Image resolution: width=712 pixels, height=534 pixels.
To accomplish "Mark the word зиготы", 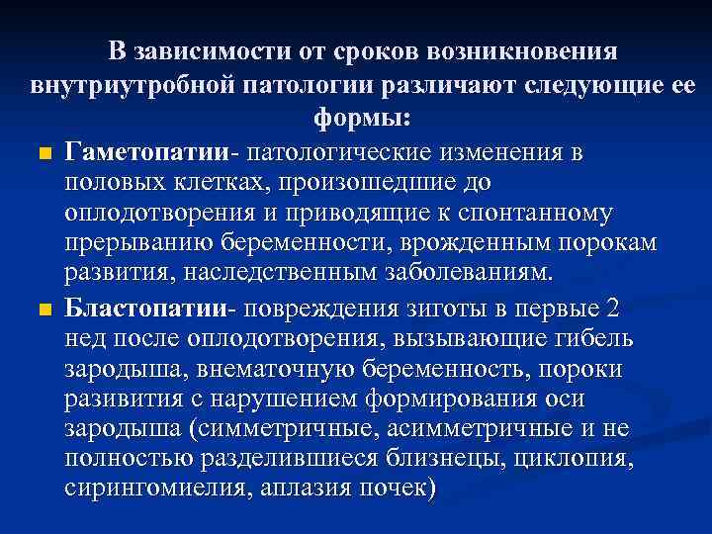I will pyautogui.click(x=447, y=308).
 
